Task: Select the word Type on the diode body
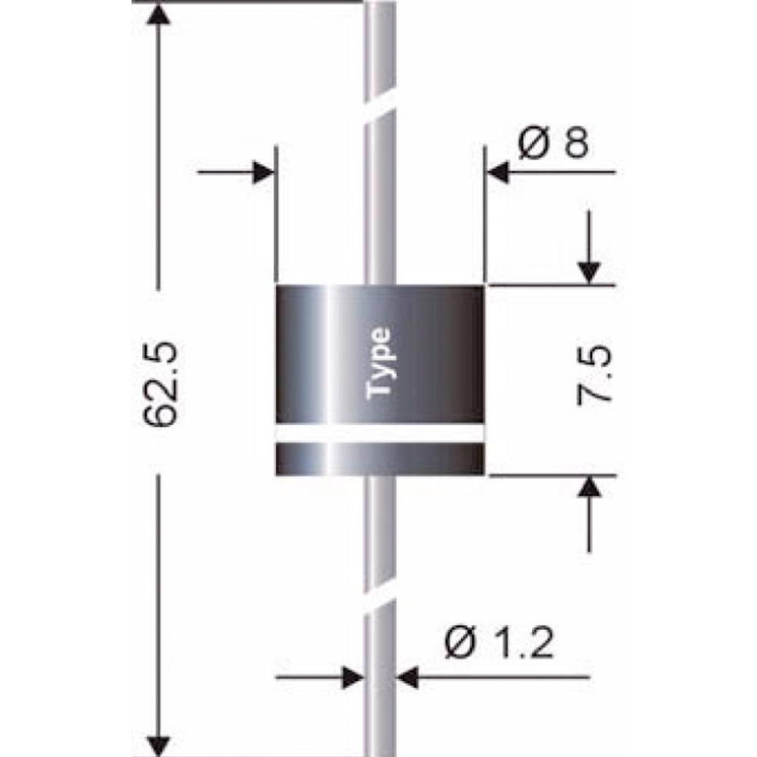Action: [x=380, y=363]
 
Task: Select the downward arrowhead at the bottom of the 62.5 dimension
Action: [x=158, y=743]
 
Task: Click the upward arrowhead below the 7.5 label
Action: [x=589, y=489]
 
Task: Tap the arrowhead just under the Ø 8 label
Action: [x=499, y=173]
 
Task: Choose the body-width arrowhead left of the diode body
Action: [x=262, y=173]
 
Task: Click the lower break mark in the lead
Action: [x=380, y=605]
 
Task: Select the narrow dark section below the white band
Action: [x=379, y=459]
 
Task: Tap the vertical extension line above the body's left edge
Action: [x=276, y=213]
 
